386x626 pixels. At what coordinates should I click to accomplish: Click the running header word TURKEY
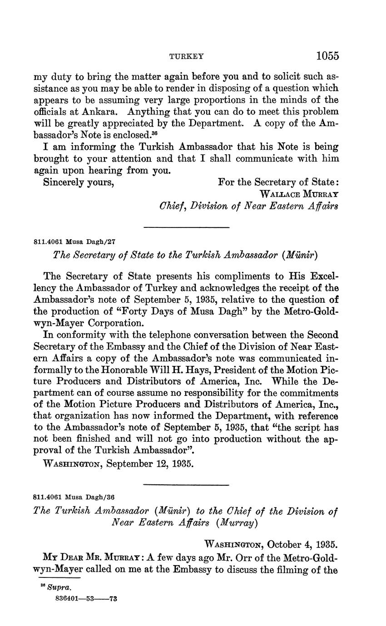point(186,57)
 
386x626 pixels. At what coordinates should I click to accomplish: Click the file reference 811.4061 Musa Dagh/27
point(74,242)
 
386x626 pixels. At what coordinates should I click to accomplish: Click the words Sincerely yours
point(78,182)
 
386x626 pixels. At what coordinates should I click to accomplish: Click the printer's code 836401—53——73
point(86,598)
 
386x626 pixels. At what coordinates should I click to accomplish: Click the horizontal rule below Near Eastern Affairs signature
point(186,227)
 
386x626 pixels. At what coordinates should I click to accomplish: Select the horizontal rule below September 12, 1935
point(186,485)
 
